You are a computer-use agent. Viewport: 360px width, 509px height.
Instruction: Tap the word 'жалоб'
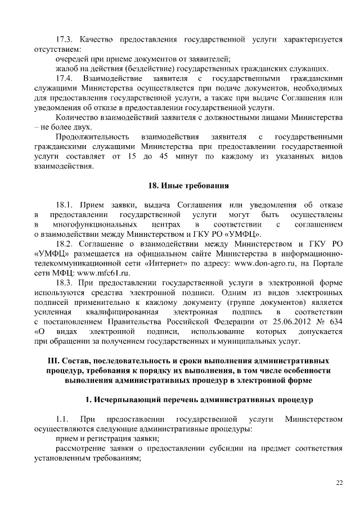[67, 68]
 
